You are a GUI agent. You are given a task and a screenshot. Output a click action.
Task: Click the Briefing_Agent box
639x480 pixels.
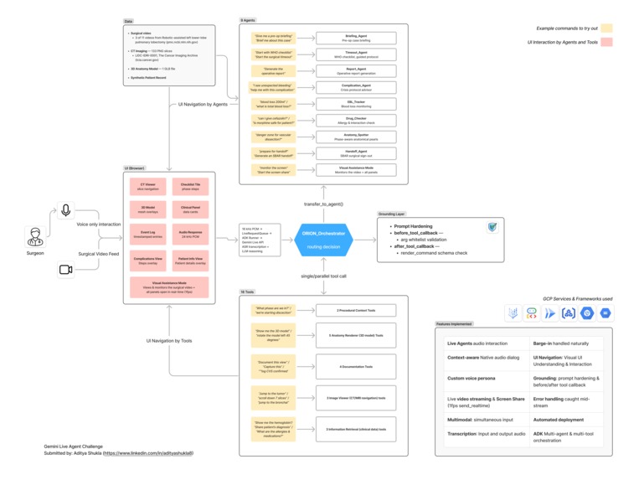[356, 38]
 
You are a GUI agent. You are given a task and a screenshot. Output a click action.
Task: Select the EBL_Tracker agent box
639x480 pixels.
[356, 103]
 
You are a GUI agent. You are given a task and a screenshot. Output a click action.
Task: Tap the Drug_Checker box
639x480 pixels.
[356, 119]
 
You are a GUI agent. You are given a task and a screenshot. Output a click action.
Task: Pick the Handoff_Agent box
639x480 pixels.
[356, 152]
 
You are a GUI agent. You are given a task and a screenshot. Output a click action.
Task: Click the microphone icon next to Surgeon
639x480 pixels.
[65, 211]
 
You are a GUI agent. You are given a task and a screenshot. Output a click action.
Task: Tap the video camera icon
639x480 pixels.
[65, 269]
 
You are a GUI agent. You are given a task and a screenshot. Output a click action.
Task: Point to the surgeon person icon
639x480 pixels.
[35, 237]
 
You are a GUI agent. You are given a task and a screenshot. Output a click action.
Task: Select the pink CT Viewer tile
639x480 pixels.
[147, 187]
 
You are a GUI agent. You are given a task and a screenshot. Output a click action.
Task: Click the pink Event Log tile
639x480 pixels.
[147, 235]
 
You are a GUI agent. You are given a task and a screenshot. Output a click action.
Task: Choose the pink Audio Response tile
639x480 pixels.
[190, 235]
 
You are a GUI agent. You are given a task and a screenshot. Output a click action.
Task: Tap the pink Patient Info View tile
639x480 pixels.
[190, 261]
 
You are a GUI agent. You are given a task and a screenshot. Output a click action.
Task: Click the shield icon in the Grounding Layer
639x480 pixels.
[492, 227]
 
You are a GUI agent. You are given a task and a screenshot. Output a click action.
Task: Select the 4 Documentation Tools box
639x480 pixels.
[356, 366]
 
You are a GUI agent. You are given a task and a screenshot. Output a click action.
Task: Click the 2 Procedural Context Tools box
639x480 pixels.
[356, 310]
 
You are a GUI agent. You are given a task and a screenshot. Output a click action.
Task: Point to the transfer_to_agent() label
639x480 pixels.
[323, 204]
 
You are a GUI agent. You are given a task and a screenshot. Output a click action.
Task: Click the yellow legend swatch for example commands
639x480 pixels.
[606, 28]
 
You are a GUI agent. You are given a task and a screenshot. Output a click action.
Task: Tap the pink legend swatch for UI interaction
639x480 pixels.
[606, 42]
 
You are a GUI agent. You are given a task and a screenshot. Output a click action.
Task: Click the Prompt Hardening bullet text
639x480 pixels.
[414, 226]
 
